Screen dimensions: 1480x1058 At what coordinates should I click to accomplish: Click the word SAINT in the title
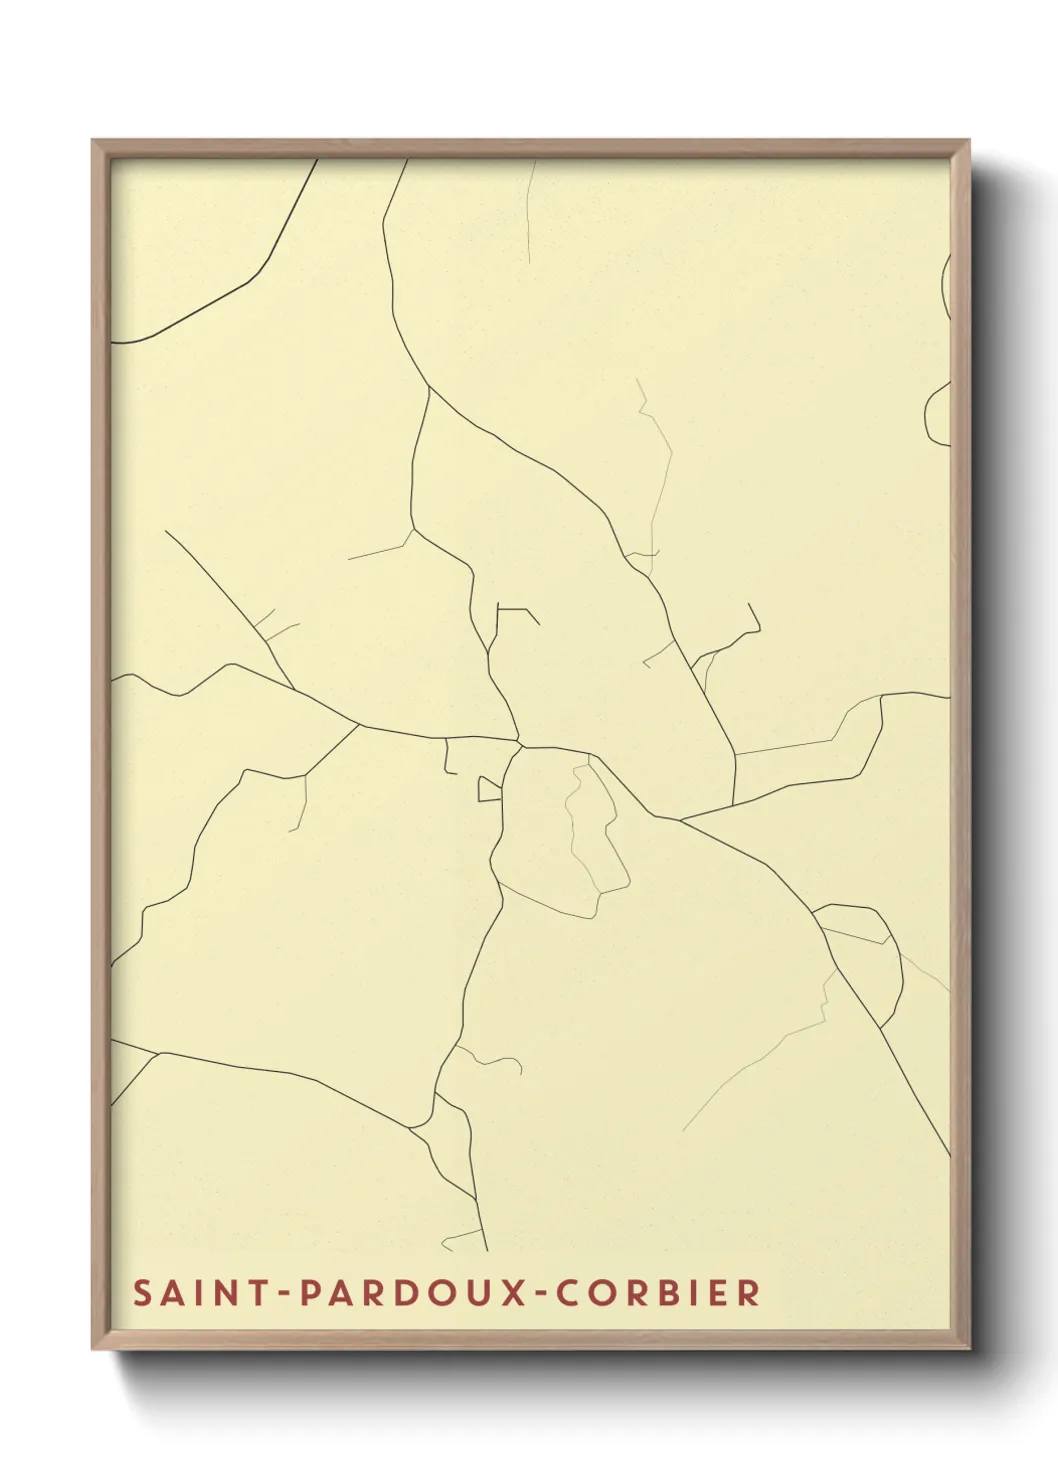pos(191,1293)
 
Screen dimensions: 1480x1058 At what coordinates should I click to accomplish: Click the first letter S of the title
pos(143,1293)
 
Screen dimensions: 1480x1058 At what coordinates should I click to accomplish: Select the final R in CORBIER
pos(749,1293)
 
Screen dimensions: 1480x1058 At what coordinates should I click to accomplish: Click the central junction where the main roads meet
pos(520,745)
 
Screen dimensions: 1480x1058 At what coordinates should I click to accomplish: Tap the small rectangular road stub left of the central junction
pos(488,790)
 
